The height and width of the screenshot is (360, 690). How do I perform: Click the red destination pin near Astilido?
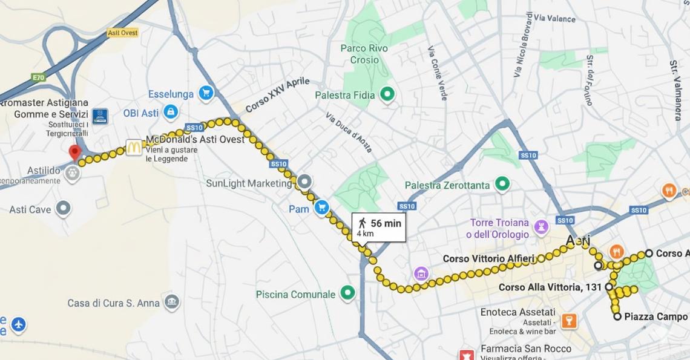pyautogui.click(x=75, y=152)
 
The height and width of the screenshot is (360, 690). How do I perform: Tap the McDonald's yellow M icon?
pyautogui.click(x=134, y=147)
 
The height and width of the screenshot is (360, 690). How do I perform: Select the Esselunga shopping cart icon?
pyautogui.click(x=206, y=93)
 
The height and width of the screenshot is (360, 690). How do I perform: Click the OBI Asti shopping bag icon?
pyautogui.click(x=171, y=112)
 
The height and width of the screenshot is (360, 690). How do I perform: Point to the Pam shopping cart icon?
pyautogui.click(x=321, y=208)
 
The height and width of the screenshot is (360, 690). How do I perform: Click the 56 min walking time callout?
pyautogui.click(x=379, y=227)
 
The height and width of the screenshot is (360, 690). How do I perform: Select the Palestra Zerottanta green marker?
pyautogui.click(x=501, y=183)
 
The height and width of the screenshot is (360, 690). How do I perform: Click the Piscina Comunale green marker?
pyautogui.click(x=347, y=294)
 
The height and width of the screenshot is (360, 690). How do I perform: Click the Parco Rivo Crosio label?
pyautogui.click(x=364, y=54)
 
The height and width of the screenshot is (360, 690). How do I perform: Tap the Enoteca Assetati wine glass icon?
pyautogui.click(x=568, y=321)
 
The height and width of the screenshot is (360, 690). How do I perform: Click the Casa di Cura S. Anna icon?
pyautogui.click(x=172, y=302)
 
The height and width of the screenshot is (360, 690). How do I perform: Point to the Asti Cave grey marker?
pyautogui.click(x=63, y=209)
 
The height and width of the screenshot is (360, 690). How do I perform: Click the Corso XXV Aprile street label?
pyautogui.click(x=277, y=96)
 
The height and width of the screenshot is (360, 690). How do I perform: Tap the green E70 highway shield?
pyautogui.click(x=39, y=77)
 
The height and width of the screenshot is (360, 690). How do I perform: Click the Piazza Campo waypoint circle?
pyautogui.click(x=617, y=316)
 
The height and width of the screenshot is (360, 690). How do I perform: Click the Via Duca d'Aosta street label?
pyautogui.click(x=348, y=133)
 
